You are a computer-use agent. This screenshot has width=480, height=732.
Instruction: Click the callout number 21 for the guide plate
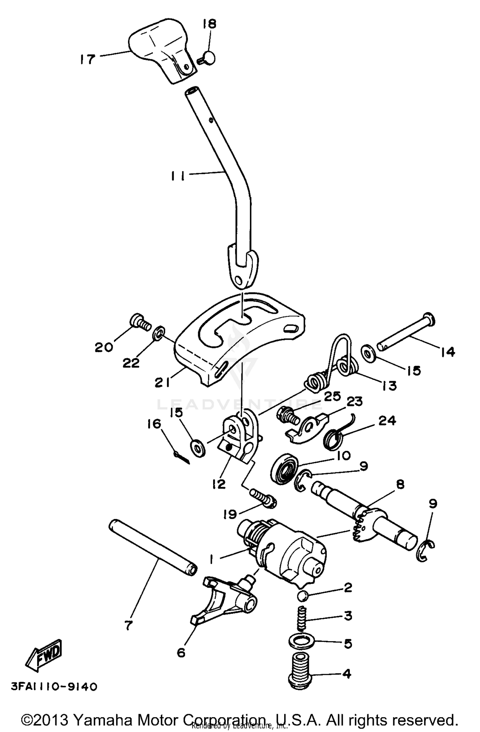click(x=162, y=382)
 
